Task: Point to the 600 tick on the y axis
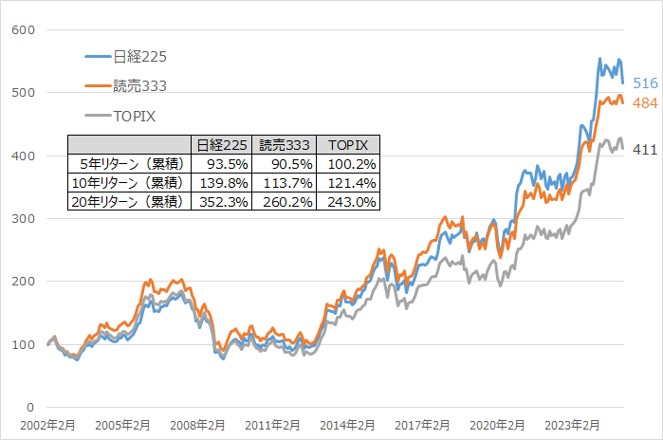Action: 24,29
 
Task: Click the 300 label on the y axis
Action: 24,218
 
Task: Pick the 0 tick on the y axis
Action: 31,406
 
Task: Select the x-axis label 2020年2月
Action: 497,426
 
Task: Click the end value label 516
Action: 645,84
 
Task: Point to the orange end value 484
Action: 645,102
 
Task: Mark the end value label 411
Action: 645,149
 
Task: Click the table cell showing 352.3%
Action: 221,201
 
